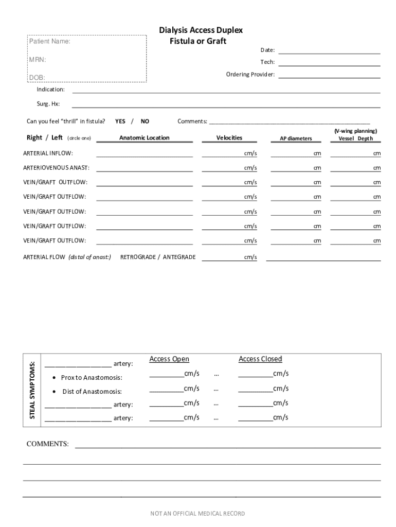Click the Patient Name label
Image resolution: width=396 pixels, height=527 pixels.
point(49,41)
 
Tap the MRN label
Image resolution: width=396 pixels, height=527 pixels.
point(38,60)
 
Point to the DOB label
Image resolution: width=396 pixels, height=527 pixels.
point(37,78)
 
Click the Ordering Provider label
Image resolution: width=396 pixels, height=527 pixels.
point(250,75)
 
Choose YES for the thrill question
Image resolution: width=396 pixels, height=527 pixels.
point(120,121)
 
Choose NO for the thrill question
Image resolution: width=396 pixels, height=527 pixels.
point(145,121)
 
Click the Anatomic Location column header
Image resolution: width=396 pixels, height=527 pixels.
point(144,138)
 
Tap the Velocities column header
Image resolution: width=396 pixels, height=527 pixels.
point(229,138)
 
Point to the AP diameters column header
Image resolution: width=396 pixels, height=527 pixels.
point(296,139)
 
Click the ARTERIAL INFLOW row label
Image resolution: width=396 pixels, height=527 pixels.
point(48,153)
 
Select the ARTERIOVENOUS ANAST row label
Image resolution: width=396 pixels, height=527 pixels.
point(56,168)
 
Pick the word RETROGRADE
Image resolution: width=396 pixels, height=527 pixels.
point(137,257)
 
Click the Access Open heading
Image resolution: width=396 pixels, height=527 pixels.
point(169,359)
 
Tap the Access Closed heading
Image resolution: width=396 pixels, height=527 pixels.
point(260,359)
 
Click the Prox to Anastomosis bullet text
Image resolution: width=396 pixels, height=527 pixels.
point(92,378)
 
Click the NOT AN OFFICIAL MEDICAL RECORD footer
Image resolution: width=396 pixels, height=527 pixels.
point(197,514)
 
